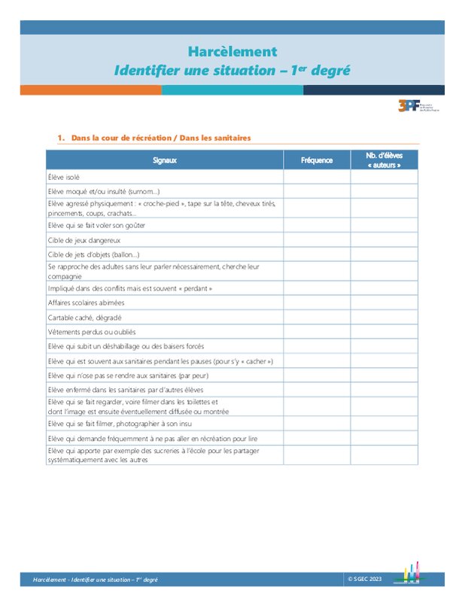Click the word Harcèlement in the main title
point(232,52)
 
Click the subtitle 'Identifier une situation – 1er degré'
point(232,71)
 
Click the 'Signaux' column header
point(165,160)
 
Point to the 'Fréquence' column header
point(317,160)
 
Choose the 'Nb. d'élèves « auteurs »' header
point(384,160)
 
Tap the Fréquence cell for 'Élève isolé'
point(317,177)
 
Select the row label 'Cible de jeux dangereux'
point(84,240)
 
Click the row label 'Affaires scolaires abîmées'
point(87,303)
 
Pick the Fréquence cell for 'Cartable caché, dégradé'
point(317,318)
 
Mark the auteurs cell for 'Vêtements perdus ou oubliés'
point(384,332)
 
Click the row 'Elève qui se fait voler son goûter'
point(96,225)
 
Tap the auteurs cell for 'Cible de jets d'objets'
point(384,254)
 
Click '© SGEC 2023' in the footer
point(365,579)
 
